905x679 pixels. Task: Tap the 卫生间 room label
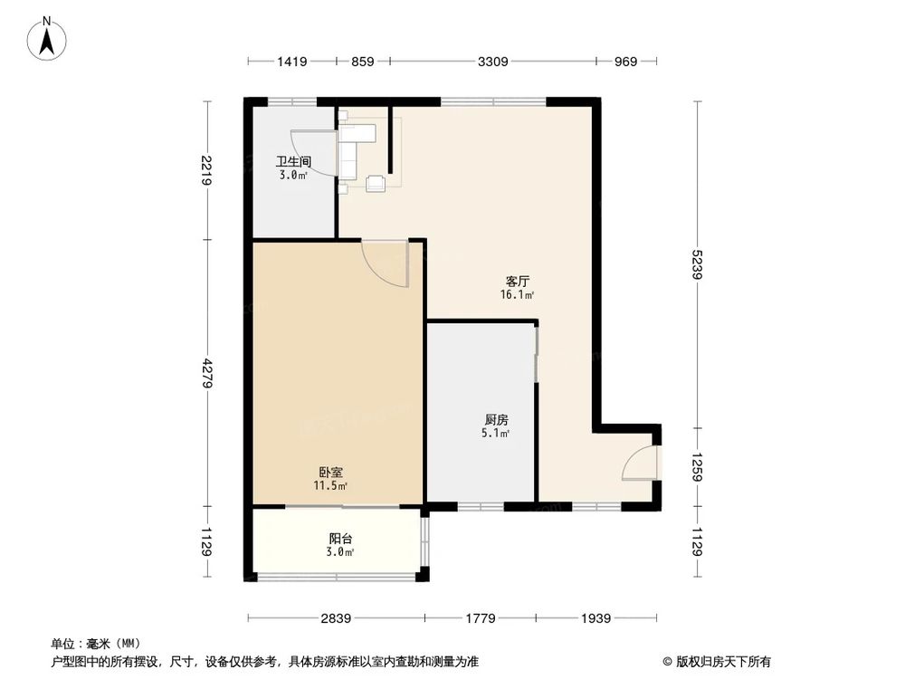click(x=293, y=162)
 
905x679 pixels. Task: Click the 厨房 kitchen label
click(x=496, y=420)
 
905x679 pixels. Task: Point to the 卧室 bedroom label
click(x=330, y=473)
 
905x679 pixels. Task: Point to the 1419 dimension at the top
click(x=291, y=62)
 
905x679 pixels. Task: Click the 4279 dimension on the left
click(x=207, y=374)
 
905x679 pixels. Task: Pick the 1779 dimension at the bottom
click(x=481, y=619)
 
